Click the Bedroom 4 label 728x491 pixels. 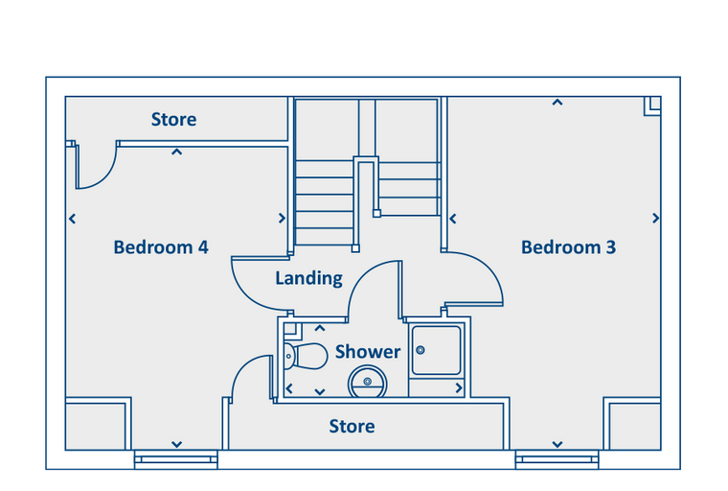click(161, 247)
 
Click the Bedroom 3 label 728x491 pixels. click(568, 247)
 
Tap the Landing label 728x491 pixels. click(308, 278)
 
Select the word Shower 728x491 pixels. click(368, 352)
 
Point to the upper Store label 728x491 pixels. click(174, 120)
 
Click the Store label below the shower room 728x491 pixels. click(352, 426)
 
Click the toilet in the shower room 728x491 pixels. click(306, 357)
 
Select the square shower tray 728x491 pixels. click(436, 350)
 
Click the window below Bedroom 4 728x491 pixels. click(175, 459)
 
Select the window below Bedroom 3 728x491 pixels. click(557, 459)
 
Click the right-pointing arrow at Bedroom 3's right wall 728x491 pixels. click(656, 219)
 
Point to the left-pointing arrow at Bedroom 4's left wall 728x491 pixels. click(73, 219)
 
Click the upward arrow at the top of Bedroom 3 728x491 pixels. click(557, 103)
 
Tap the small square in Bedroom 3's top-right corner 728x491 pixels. click(652, 105)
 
